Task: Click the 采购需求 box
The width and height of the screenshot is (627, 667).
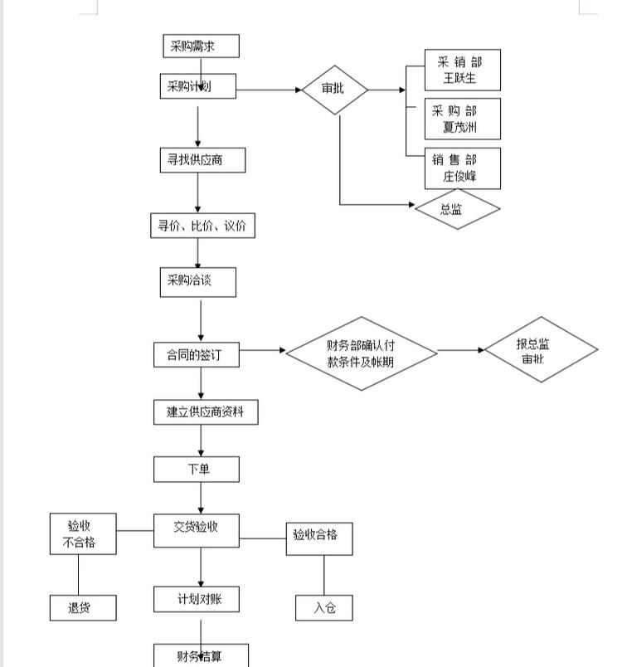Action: (201, 46)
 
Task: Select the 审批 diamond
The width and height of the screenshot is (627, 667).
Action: (333, 89)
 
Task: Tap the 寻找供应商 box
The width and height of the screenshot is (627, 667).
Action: (202, 159)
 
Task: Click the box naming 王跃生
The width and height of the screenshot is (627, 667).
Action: (462, 71)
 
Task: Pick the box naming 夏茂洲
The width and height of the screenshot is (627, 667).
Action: (462, 119)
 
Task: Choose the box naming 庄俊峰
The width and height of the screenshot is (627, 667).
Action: (462, 168)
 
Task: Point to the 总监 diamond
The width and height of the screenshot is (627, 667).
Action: (457, 210)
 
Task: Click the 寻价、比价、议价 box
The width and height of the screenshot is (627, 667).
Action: (202, 226)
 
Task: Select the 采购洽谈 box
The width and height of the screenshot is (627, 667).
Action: (197, 281)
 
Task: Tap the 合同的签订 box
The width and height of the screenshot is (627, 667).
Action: (197, 355)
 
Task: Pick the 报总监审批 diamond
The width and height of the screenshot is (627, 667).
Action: (540, 350)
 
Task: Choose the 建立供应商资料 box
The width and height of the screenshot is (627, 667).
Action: (205, 411)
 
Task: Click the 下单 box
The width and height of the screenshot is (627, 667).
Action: (196, 469)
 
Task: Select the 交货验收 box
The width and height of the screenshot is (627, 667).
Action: (196, 530)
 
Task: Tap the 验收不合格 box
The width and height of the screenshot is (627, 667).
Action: (82, 533)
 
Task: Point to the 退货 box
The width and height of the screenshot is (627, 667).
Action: (82, 608)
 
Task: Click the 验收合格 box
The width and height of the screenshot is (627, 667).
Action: (318, 538)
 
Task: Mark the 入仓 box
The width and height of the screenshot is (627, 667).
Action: (324, 608)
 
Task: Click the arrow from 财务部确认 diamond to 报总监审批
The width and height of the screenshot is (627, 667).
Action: (461, 350)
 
